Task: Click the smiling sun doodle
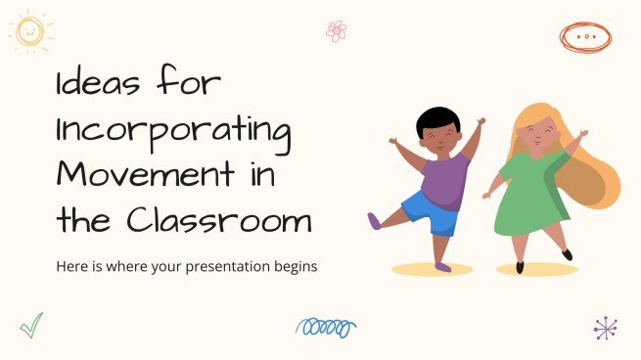coord(31,31)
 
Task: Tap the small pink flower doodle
coord(337,30)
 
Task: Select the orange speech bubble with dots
coord(585,36)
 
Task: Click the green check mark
coord(32,325)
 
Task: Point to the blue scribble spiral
coord(325,327)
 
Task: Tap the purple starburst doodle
coord(606,328)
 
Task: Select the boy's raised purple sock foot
coord(375,220)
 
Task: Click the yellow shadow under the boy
coord(431,268)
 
